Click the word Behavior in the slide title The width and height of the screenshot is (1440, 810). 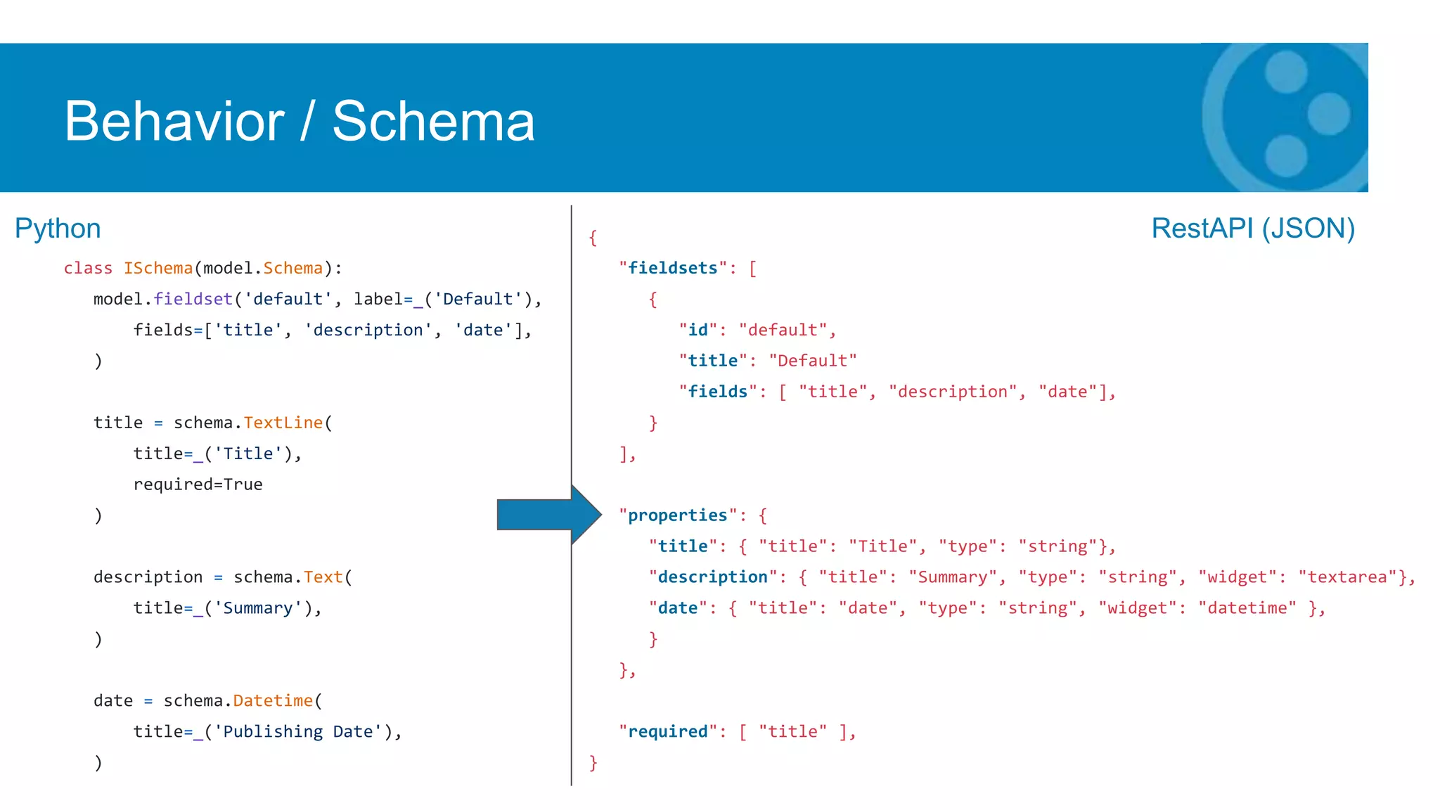174,122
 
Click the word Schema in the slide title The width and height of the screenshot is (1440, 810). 433,122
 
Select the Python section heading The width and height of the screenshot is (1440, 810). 58,229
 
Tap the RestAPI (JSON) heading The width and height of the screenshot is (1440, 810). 1252,229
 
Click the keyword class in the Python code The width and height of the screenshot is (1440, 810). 88,269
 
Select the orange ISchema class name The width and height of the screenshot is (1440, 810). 158,269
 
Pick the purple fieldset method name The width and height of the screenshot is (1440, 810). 193,300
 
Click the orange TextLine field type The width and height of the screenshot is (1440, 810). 283,423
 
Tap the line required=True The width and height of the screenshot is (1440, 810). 198,484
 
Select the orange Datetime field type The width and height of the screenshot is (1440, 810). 273,701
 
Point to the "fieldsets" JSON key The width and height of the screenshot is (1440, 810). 672,269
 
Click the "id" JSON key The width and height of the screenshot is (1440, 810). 697,330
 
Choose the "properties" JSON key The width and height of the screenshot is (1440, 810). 677,515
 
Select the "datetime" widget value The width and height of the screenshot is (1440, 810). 1247,608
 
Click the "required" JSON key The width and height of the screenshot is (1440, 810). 667,732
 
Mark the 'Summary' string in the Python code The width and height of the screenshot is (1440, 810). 258,608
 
